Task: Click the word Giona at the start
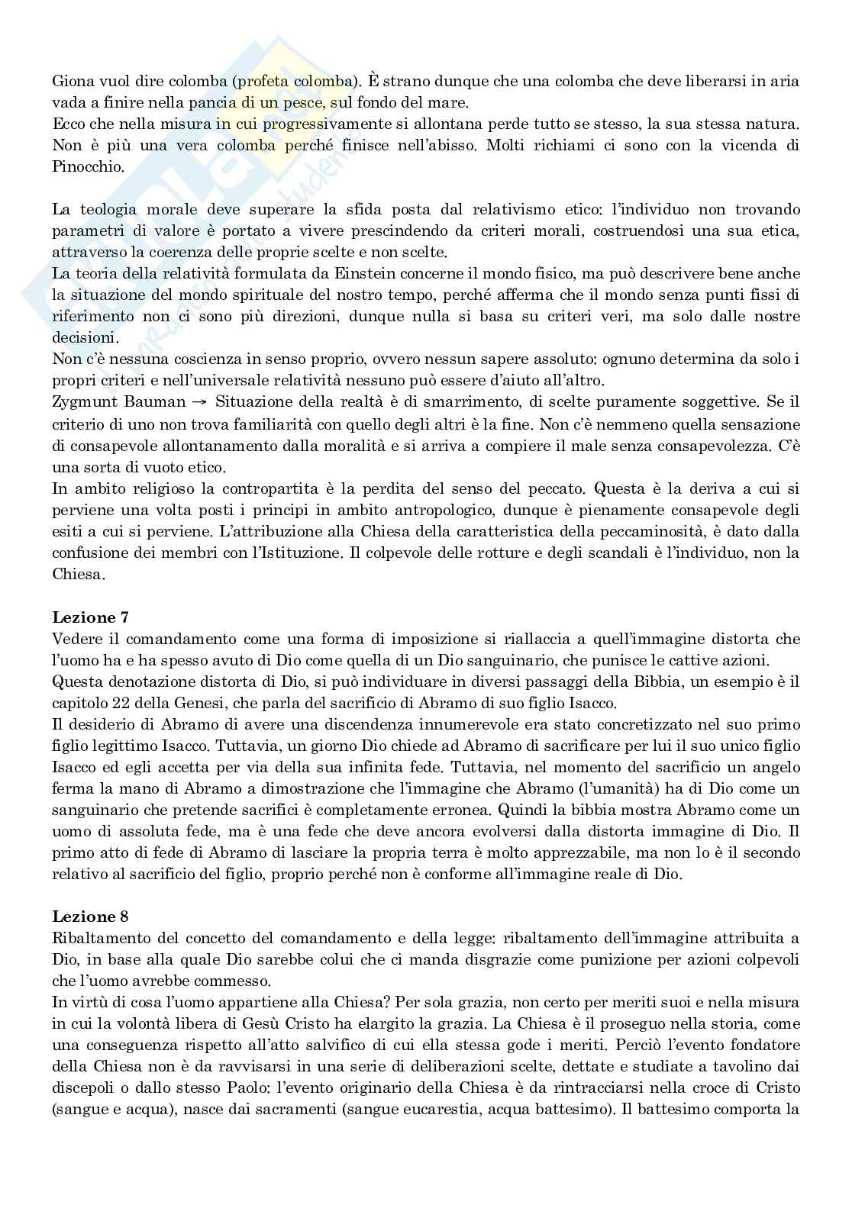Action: point(71,80)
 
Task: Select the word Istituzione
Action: point(295,552)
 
